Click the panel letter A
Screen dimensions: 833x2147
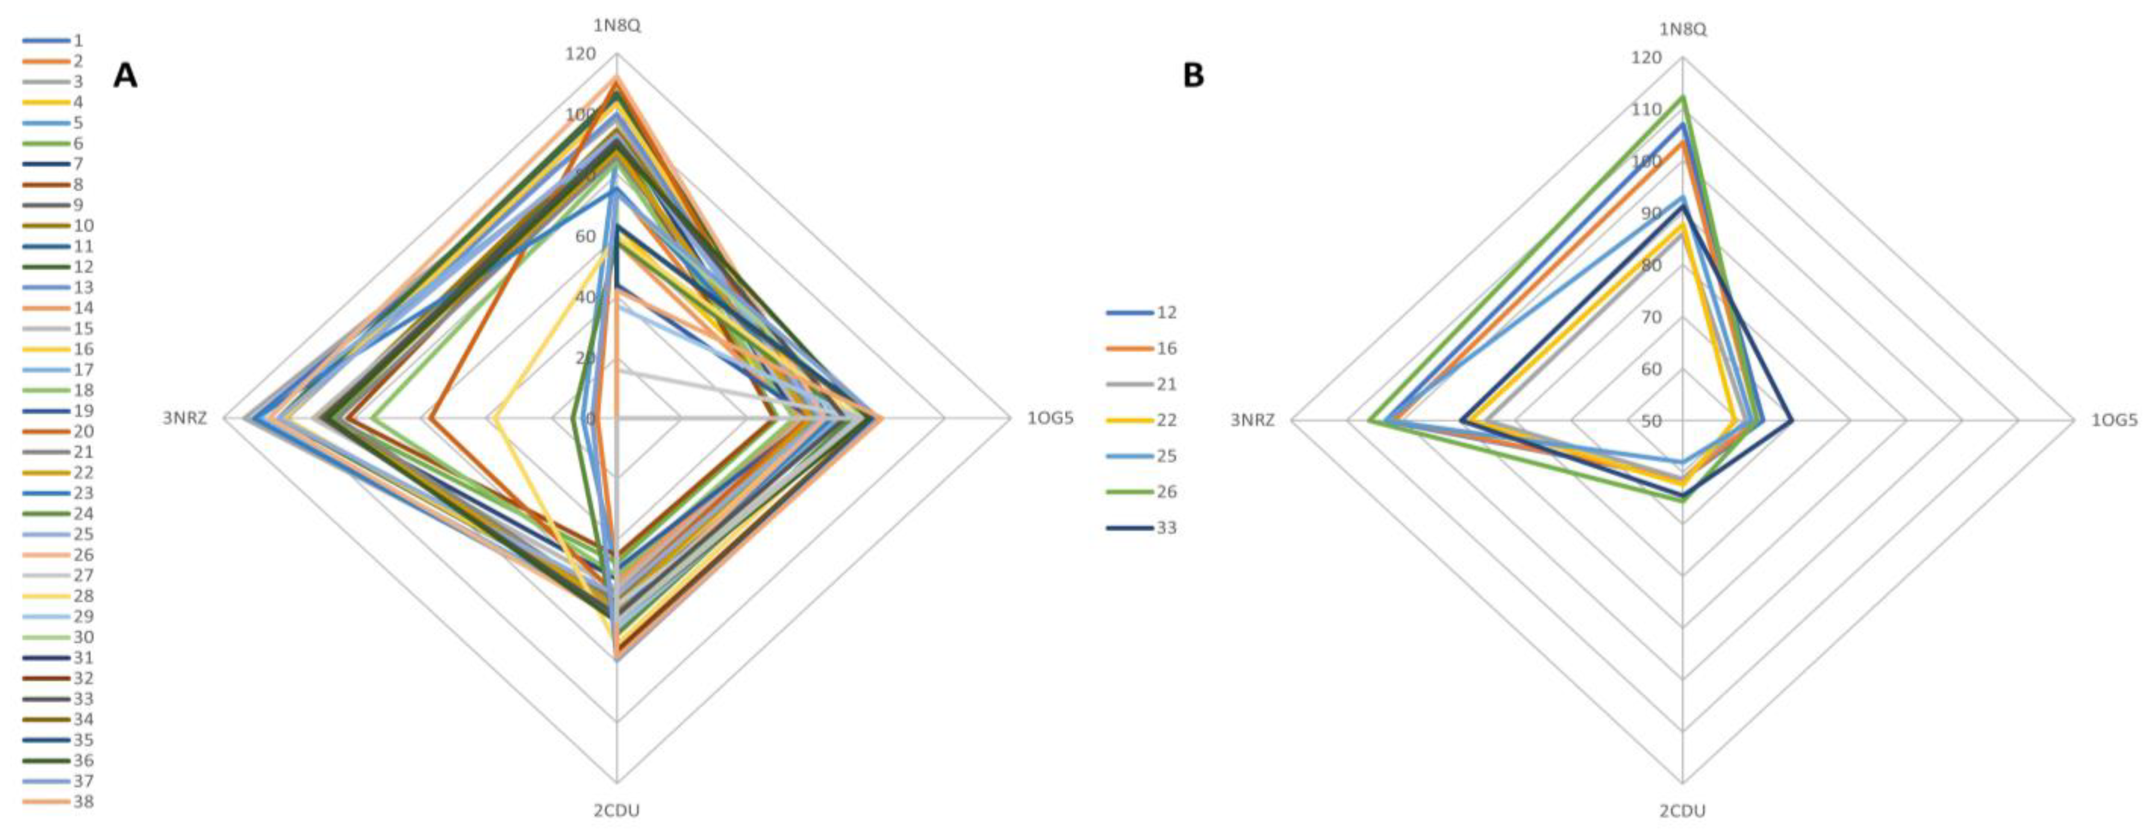pos(126,76)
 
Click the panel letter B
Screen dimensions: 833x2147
pos(1194,76)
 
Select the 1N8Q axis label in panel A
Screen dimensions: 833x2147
pos(617,26)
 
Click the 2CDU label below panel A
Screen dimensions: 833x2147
pos(617,810)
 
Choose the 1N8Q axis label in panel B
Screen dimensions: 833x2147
pos(1683,30)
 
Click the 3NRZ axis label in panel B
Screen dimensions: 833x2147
pos(1253,420)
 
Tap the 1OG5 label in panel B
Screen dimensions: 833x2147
pos(2115,420)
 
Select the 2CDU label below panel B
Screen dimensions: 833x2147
pos(1683,810)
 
